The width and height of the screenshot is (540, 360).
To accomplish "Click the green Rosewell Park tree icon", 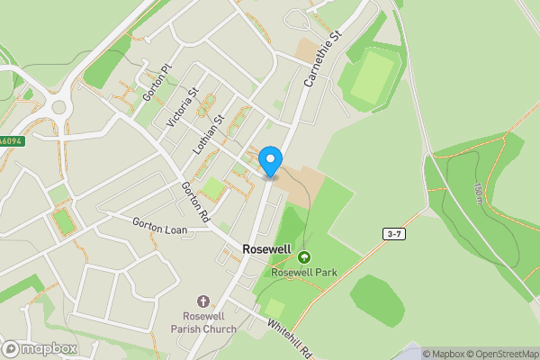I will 303,256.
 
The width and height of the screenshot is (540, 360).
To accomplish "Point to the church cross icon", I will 202,302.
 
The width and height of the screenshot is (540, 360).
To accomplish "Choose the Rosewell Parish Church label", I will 202,322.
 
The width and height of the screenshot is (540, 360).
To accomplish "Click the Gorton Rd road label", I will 194,203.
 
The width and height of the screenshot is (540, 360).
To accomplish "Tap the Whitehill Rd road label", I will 288,338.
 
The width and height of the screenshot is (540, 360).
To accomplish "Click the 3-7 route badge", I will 393,234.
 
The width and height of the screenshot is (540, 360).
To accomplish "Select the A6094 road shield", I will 10,141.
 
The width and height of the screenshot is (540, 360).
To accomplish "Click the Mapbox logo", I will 40,349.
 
